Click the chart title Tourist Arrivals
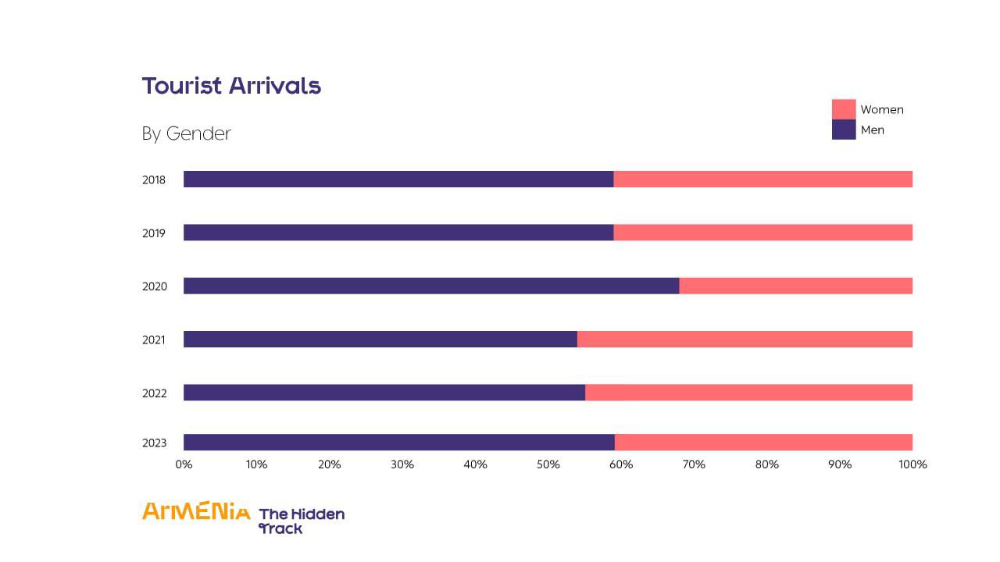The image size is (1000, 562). pyautogui.click(x=231, y=86)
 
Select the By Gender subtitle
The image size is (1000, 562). pyautogui.click(x=187, y=133)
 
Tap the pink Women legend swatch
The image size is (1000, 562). pyautogui.click(x=844, y=109)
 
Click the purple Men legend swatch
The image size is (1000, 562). pyautogui.click(x=844, y=130)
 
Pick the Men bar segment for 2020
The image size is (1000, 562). pyautogui.click(x=431, y=286)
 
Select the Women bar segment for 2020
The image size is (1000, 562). pyautogui.click(x=795, y=286)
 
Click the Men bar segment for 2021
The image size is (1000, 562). pyautogui.click(x=380, y=339)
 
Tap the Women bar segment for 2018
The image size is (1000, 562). pyautogui.click(x=762, y=180)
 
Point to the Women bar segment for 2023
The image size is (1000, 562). pyautogui.click(x=763, y=443)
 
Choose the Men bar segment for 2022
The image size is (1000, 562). pyautogui.click(x=384, y=393)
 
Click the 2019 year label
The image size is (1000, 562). pyautogui.click(x=154, y=233)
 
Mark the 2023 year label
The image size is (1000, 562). pyautogui.click(x=154, y=443)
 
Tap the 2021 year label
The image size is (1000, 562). pyautogui.click(x=154, y=340)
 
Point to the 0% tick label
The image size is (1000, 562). pyautogui.click(x=184, y=464)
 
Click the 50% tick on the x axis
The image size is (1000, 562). pyautogui.click(x=548, y=464)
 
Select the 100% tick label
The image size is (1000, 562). pyautogui.click(x=912, y=464)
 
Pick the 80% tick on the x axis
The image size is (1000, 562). pyautogui.click(x=767, y=464)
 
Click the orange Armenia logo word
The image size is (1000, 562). pyautogui.click(x=196, y=512)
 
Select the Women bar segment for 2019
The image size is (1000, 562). pyautogui.click(x=762, y=233)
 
